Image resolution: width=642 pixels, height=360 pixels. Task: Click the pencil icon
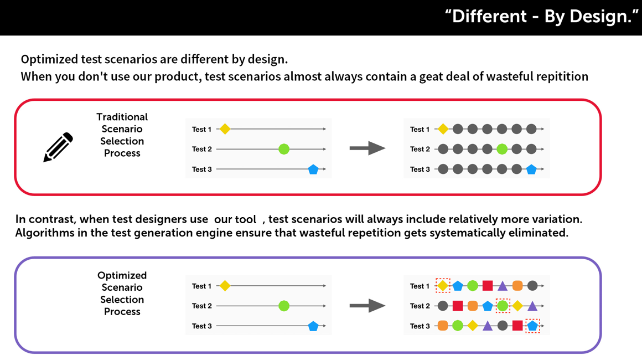[x=58, y=147]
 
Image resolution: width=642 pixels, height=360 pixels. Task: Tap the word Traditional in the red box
[x=122, y=117]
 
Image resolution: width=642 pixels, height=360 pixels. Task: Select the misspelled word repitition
[x=562, y=76]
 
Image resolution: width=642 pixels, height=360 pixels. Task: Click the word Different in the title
[x=489, y=17]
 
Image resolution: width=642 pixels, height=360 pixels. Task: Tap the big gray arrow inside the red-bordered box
[x=367, y=148]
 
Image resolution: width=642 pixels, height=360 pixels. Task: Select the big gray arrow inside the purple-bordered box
[x=367, y=306]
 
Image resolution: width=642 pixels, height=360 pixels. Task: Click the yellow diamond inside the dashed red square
[x=443, y=285]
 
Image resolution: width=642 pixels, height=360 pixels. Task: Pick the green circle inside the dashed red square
[x=503, y=306]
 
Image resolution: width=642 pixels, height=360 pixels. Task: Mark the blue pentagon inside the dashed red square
[x=532, y=326]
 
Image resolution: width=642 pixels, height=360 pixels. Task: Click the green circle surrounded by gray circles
[x=502, y=149]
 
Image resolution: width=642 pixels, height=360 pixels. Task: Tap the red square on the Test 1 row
[x=487, y=285]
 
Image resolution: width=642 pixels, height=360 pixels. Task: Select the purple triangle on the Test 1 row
[x=503, y=285]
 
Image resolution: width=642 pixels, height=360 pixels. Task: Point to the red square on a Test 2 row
[x=458, y=306]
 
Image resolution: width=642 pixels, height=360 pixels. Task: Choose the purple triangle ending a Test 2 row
[x=532, y=306]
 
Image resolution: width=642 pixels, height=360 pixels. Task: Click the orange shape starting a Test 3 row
[x=443, y=326]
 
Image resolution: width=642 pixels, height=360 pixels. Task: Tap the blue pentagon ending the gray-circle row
[x=531, y=169]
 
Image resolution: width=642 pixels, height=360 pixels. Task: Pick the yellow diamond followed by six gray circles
[x=443, y=129]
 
